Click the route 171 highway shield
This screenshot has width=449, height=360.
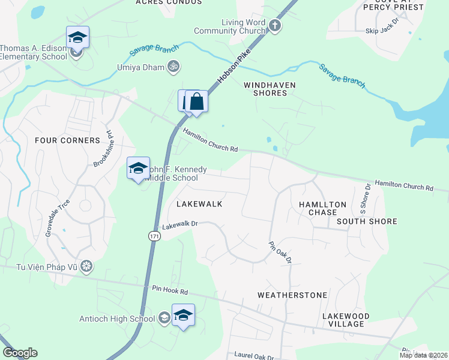(x=154, y=238)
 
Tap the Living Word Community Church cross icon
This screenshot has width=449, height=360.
(x=275, y=25)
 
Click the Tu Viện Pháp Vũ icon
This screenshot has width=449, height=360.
(x=87, y=265)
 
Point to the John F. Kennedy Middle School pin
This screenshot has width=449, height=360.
(x=138, y=168)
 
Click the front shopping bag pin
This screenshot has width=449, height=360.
(x=196, y=102)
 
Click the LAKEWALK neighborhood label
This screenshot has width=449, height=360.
(x=199, y=204)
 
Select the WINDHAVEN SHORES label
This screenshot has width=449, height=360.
(x=270, y=89)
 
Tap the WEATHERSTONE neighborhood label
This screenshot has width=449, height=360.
(x=292, y=295)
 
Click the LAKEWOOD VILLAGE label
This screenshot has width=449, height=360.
(x=345, y=320)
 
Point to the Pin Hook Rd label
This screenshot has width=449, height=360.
(x=170, y=292)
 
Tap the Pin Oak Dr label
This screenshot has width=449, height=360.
(x=280, y=252)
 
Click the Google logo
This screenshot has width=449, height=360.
(x=20, y=353)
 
